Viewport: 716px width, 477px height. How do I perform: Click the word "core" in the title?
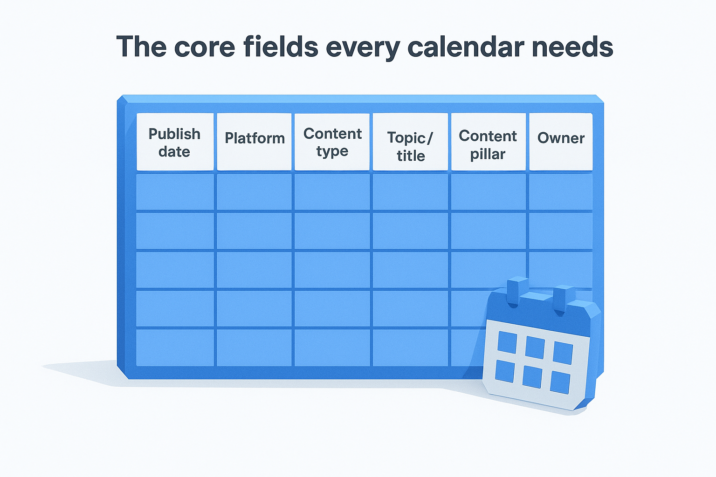coord(205,47)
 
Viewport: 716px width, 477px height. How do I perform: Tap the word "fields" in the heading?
coord(281,46)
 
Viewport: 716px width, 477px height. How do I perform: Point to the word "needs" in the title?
coord(572,46)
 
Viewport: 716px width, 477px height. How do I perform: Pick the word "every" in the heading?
coord(363,48)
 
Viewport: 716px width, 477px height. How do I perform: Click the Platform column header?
coord(254,142)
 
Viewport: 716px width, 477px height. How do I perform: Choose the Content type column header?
coord(332,142)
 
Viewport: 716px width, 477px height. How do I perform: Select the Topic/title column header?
coord(410,142)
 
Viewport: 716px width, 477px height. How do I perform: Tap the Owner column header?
coord(561,142)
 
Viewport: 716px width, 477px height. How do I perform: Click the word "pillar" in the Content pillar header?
coord(488,155)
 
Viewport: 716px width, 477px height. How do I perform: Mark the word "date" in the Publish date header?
coord(174,152)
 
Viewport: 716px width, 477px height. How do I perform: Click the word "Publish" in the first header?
coord(174,134)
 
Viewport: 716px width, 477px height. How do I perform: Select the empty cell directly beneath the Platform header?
coord(254,192)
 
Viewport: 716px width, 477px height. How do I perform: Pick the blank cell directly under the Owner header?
coord(561,192)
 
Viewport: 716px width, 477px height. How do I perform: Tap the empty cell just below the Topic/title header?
coord(410,192)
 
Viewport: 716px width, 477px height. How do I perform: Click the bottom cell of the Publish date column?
coord(175,348)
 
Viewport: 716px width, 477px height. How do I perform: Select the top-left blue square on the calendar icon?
coord(507,342)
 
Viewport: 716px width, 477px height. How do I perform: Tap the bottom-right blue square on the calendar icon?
coord(560,382)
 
